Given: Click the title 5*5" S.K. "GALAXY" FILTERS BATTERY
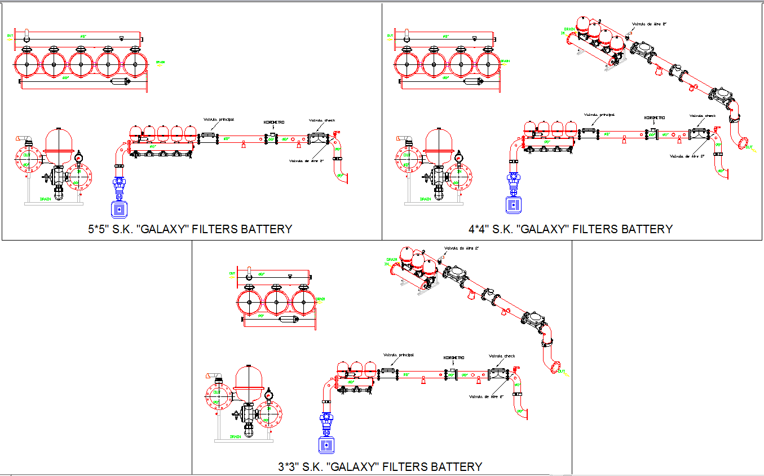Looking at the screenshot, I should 190,229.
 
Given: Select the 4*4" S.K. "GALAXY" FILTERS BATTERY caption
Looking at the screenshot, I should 570,229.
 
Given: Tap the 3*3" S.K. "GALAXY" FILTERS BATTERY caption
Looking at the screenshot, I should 380,467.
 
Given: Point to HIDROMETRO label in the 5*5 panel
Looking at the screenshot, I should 273,123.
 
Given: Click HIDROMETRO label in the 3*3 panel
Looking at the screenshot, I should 454,357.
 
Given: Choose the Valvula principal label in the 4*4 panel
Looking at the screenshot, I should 599,114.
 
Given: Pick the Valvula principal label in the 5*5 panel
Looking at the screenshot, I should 219,120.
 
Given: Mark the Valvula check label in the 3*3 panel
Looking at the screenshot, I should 502,356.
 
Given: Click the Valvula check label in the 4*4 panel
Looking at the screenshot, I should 703,116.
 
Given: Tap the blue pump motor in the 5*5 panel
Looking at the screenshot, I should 120,209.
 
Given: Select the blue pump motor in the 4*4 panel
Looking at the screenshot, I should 513,205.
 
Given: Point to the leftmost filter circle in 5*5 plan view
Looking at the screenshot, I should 26,64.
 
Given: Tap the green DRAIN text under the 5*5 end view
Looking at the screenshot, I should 46,199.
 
